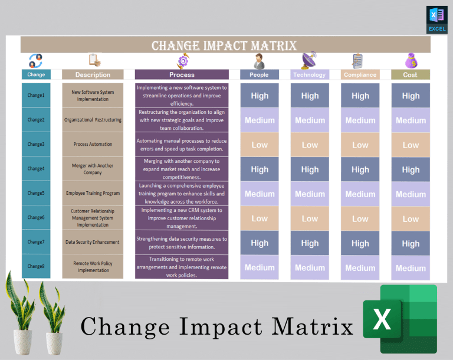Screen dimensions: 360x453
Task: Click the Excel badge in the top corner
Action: coord(436,19)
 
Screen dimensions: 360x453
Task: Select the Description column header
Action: coord(93,75)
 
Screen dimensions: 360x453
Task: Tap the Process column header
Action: coord(182,75)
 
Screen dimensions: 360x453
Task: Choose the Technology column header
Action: coord(310,75)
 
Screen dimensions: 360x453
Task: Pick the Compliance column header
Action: coord(360,75)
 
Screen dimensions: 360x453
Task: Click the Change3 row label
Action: coord(36,145)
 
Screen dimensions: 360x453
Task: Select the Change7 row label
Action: coord(36,242)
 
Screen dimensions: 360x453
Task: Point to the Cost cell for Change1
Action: coord(411,96)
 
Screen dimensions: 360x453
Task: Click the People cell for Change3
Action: coord(260,145)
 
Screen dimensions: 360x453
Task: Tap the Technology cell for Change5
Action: coord(310,194)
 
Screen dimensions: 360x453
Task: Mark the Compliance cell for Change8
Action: coord(360,267)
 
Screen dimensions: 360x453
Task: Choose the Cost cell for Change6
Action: coord(411,218)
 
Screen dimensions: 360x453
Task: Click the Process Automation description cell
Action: coord(93,145)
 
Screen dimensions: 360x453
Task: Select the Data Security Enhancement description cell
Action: coord(93,242)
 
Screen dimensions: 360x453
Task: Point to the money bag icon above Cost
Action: coord(411,61)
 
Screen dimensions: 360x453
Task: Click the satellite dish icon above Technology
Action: coord(309,61)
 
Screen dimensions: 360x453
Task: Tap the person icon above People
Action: coord(259,61)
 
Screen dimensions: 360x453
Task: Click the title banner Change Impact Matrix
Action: coord(224,45)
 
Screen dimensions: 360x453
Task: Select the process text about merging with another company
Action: coord(182,169)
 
